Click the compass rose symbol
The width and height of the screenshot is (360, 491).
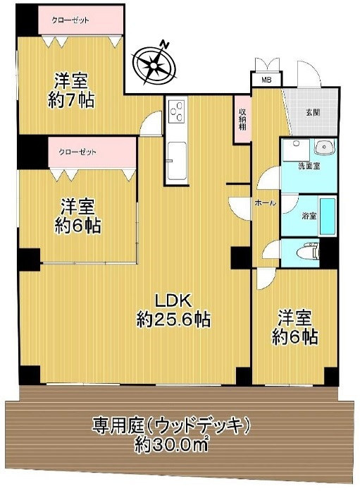[x=154, y=65]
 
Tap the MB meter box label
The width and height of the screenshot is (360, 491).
[x=266, y=80]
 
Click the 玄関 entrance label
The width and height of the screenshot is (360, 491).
[x=313, y=113]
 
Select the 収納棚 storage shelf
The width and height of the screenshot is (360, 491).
[x=242, y=119]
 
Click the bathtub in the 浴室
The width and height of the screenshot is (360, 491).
[x=327, y=217]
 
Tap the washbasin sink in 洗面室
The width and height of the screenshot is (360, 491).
[x=324, y=147]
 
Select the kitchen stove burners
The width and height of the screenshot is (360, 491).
[x=177, y=111]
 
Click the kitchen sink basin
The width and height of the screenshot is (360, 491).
[x=177, y=160]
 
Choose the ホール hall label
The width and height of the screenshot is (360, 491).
[x=265, y=203]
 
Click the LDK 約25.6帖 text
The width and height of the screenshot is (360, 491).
[x=173, y=310]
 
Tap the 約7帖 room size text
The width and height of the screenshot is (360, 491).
[x=71, y=100]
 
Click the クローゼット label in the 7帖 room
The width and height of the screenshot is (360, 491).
[x=70, y=20]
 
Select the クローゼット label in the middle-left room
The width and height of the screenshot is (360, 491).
[x=77, y=152]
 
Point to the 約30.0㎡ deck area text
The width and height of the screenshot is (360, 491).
[x=171, y=445]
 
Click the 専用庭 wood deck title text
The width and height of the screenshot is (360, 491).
[x=170, y=425]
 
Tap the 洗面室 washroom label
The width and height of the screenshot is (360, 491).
[x=309, y=166]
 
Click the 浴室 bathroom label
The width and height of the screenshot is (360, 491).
[x=309, y=216]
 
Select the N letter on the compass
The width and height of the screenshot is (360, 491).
[x=165, y=44]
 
